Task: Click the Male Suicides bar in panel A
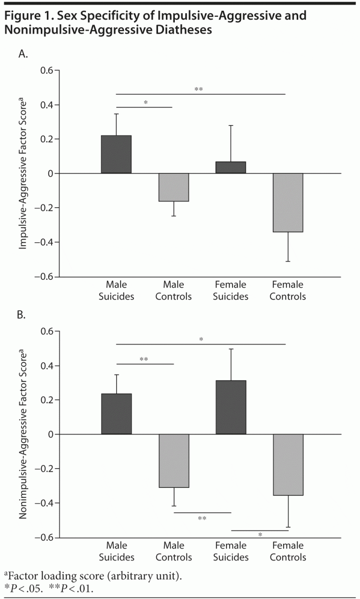pyautogui.click(x=116, y=154)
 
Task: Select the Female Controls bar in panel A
pyautogui.click(x=288, y=202)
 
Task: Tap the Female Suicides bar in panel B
pyautogui.click(x=231, y=407)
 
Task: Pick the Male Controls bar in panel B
pyautogui.click(x=174, y=461)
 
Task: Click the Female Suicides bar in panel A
pyautogui.click(x=231, y=167)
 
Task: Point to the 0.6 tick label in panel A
pyautogui.click(x=47, y=70)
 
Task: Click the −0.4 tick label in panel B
pyautogui.click(x=44, y=503)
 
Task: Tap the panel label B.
pyautogui.click(x=23, y=315)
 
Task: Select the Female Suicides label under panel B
pyautogui.click(x=231, y=552)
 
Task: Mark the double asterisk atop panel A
pyautogui.click(x=199, y=89)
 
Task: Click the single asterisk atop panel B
pyautogui.click(x=201, y=339)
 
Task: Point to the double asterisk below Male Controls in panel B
pyautogui.click(x=202, y=518)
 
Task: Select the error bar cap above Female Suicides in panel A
pyautogui.click(x=231, y=126)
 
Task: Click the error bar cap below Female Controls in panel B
pyautogui.click(x=288, y=527)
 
